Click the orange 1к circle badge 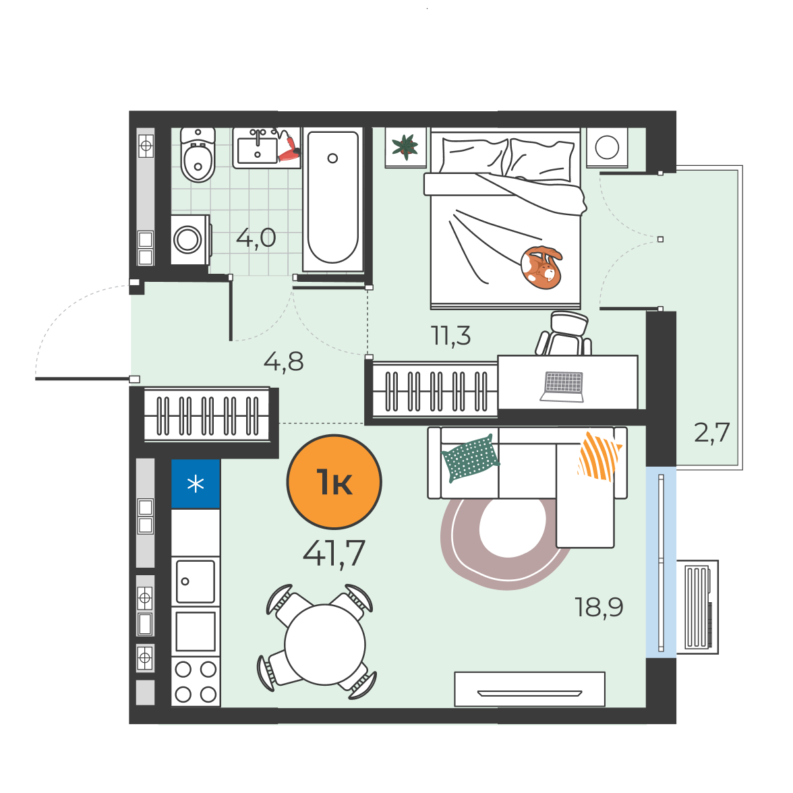334,481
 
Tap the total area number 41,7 334,553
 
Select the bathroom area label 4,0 256,237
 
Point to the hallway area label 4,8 284,361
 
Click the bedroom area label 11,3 450,335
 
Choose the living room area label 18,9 599,607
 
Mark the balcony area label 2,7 711,432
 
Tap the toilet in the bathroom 198,154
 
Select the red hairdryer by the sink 289,147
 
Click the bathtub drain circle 332,158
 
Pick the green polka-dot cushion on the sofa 471,458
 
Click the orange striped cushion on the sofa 599,455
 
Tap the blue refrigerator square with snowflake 196,484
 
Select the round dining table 325,645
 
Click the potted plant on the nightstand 405,147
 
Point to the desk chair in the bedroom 565,333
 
